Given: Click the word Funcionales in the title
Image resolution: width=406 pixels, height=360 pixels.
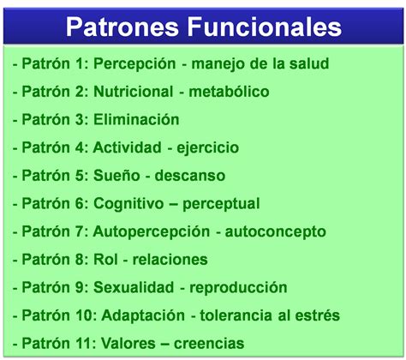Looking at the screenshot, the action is click(265, 27).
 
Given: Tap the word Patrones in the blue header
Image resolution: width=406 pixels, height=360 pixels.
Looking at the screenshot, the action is click(122, 27).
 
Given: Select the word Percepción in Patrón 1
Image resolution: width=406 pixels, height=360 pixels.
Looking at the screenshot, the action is click(134, 63).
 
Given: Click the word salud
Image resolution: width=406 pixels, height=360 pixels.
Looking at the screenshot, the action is click(309, 63).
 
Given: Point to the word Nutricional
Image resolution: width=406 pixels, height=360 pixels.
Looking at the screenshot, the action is click(134, 92).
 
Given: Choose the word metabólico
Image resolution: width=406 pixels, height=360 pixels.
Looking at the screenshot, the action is click(229, 92).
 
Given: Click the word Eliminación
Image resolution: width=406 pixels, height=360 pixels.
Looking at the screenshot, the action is click(136, 119).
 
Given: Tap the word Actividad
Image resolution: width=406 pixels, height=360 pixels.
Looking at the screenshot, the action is click(128, 147).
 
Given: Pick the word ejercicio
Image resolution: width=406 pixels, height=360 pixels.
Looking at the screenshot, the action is click(208, 148).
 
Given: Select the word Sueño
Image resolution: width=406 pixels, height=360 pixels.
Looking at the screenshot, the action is click(116, 175).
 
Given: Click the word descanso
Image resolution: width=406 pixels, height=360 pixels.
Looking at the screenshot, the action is click(190, 175).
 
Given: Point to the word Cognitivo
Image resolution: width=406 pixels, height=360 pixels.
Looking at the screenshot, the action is click(128, 204).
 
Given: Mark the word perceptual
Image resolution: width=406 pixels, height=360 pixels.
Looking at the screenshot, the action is click(221, 204).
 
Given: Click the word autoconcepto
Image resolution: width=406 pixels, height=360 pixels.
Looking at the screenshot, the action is click(276, 231).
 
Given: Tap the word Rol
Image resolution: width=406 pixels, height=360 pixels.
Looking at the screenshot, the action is click(105, 259).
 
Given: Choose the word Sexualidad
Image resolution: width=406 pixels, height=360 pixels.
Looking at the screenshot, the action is click(134, 287).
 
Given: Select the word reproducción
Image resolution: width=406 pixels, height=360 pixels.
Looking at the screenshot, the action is click(238, 288).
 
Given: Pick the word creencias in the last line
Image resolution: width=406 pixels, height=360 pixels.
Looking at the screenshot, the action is click(209, 343).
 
